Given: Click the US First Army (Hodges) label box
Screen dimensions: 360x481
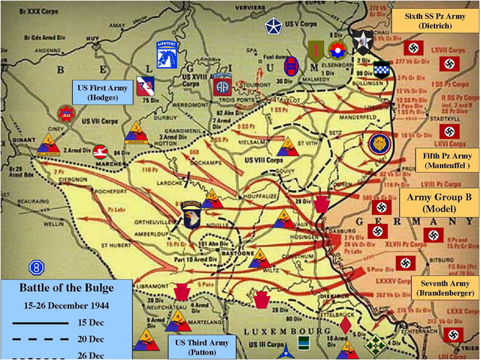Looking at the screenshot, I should (104, 92).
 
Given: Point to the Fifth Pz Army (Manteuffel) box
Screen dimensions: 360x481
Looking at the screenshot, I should (445, 159).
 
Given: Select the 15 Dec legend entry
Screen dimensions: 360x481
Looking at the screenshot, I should (100, 322).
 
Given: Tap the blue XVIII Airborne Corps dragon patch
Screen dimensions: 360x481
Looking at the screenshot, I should (167, 54).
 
